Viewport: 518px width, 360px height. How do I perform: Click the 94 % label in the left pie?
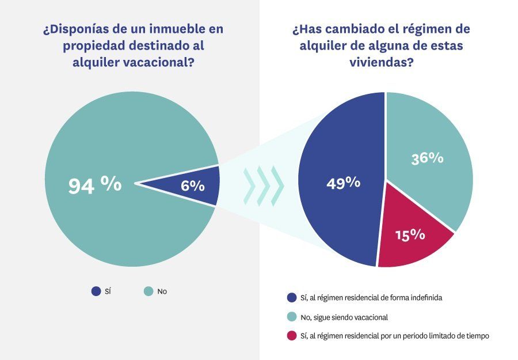(95, 185)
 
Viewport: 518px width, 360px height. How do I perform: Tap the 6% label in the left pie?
(192, 185)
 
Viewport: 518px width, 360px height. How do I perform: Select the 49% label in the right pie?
(343, 183)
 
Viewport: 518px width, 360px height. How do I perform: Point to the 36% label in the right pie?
(427, 158)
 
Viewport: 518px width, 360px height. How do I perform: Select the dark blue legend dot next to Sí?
(96, 291)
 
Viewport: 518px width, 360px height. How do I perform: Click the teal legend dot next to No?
(148, 291)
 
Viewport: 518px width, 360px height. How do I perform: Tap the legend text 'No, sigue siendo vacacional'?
(345, 317)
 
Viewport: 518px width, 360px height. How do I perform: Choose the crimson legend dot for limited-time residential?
(291, 336)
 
